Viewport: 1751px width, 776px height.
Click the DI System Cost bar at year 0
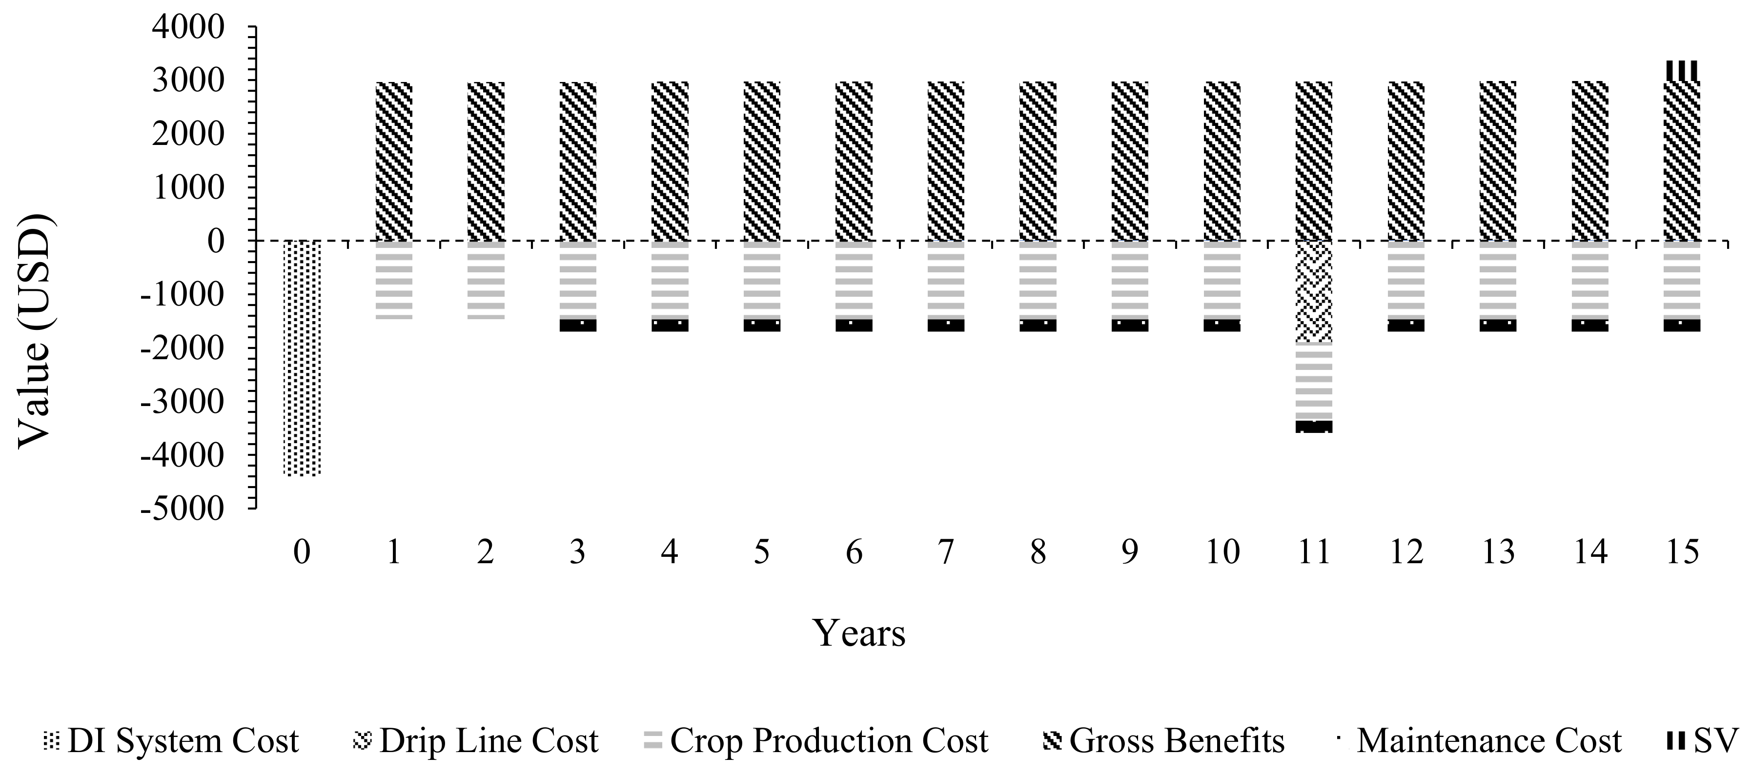coord(301,358)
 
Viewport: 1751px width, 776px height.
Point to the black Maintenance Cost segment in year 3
coord(577,326)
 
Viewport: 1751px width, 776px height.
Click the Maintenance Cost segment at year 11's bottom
coord(1313,427)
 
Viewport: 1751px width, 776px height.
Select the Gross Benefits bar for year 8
coord(1038,161)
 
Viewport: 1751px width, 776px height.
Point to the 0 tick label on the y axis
coord(216,241)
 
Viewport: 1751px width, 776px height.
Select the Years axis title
coord(859,633)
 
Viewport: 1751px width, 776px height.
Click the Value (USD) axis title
coord(34,331)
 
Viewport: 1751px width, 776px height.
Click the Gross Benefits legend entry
coord(1164,741)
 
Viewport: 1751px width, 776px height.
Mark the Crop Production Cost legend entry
coord(815,741)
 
